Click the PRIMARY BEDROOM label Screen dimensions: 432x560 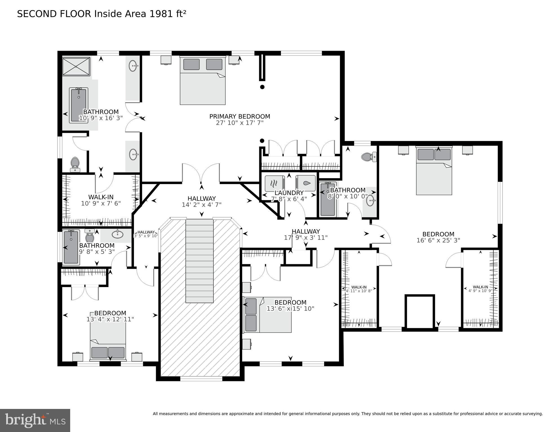240,116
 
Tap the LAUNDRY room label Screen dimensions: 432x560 289,193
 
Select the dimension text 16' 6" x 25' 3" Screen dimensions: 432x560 438,240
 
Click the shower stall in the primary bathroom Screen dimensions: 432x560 76,66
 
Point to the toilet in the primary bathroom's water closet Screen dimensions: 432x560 75,164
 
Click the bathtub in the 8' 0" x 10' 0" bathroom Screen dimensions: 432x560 328,199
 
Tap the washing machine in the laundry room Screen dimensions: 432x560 306,183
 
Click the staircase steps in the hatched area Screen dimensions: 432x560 199,260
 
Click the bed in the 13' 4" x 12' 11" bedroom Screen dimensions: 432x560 108,342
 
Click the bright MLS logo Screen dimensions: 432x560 35,420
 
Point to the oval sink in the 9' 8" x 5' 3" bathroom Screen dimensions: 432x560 117,234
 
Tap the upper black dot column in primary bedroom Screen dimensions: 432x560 262,87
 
